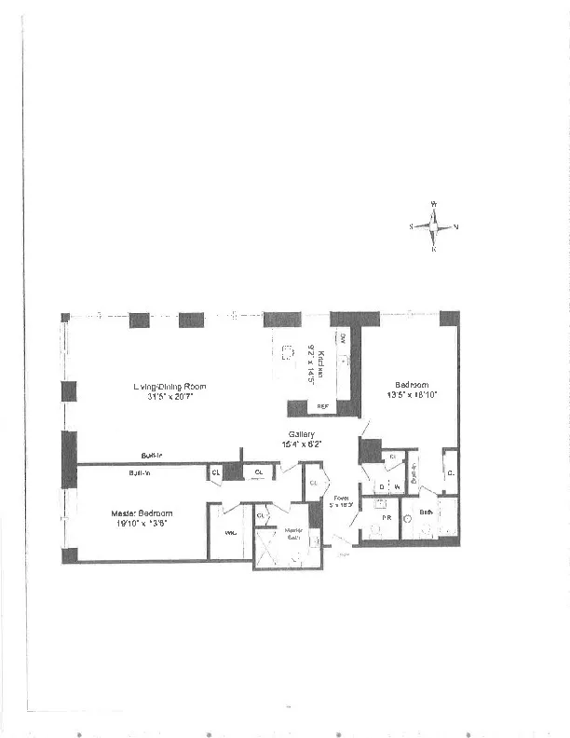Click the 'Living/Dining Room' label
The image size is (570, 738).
tap(169, 386)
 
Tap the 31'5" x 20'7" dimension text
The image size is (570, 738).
tap(169, 397)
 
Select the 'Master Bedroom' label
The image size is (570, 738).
tap(142, 513)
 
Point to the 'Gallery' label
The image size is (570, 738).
tap(301, 434)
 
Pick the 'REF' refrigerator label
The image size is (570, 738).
tap(323, 407)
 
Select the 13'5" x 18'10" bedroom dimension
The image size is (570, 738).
tap(411, 395)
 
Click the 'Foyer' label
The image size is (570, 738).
tap(341, 499)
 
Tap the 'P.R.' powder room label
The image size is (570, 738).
tap(384, 515)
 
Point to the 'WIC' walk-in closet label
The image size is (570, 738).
tap(231, 533)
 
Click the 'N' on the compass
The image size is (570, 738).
tap(456, 226)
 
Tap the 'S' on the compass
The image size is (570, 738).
tap(411, 226)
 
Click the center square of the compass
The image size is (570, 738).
tap(434, 226)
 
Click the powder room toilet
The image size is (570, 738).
tap(376, 531)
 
